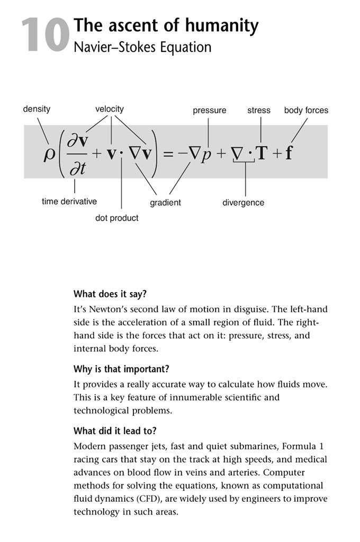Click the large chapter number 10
tap(46, 36)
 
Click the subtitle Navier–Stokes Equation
tap(142, 47)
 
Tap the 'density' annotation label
tap(37, 109)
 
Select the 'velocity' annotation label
tap(110, 109)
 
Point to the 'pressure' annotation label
tap(209, 111)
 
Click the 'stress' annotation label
tap(259, 111)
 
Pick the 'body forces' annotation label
tap(306, 111)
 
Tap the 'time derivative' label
tap(69, 202)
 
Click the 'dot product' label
tap(116, 218)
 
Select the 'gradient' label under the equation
tap(165, 202)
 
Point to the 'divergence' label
tap(243, 203)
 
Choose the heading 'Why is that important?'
tap(117, 368)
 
